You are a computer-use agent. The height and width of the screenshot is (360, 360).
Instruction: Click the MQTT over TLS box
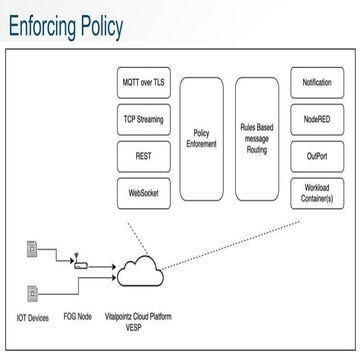[142, 83]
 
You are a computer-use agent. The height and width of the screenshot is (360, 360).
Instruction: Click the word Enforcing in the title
[50, 25]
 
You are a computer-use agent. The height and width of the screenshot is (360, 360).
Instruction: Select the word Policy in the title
[126, 25]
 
